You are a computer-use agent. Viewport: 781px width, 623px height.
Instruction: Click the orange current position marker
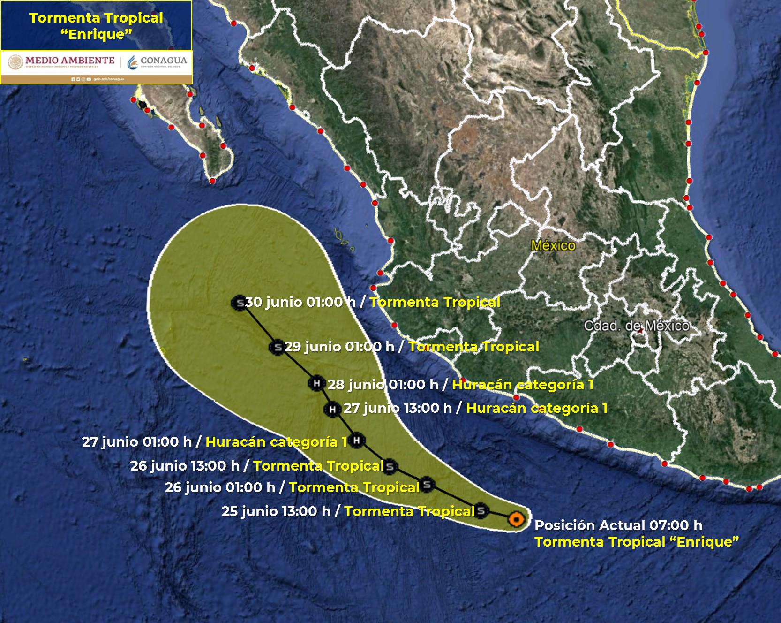click(516, 519)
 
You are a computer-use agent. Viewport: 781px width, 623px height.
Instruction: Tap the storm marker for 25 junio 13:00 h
click(481, 510)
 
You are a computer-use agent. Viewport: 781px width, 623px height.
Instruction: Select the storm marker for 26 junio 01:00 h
click(427, 485)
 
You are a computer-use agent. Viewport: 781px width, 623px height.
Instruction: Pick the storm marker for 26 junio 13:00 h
click(389, 466)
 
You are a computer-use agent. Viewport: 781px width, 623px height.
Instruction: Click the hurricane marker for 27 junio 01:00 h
click(357, 440)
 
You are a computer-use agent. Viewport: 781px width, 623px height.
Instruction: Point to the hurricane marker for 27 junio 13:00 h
click(332, 409)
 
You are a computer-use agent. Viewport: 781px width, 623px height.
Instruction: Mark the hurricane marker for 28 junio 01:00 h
click(316, 383)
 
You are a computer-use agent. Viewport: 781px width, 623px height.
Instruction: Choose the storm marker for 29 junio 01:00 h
click(277, 348)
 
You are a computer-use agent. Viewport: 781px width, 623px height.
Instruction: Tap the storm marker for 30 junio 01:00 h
click(239, 303)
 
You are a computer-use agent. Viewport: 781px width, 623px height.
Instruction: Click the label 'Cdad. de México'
click(636, 326)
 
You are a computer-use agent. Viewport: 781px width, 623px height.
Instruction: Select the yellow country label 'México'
click(553, 245)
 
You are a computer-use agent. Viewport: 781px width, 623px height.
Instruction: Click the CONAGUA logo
click(158, 61)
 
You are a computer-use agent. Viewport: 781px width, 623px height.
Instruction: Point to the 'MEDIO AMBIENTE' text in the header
click(70, 61)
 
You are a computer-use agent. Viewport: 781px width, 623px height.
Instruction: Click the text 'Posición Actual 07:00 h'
click(618, 525)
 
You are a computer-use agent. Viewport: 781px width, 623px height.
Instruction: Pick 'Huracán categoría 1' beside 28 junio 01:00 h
click(523, 385)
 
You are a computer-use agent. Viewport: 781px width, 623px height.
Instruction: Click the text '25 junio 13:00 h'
click(276, 511)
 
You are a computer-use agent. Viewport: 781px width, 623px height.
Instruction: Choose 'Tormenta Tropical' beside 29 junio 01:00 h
click(473, 347)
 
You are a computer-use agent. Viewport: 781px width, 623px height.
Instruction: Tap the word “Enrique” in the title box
click(96, 35)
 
